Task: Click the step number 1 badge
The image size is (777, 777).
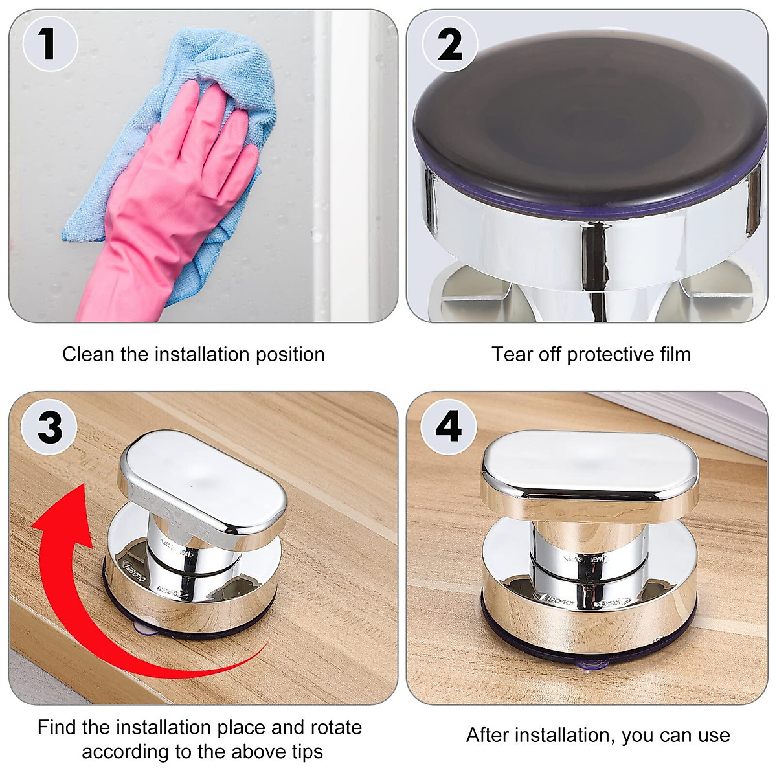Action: pos(49,43)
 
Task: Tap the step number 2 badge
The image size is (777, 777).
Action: pos(449,44)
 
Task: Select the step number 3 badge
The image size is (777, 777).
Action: pos(49,427)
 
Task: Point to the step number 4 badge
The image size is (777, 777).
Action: pos(448,427)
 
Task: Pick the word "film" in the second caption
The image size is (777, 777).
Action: pos(674,354)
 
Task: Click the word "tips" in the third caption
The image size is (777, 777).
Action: pos(307,752)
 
